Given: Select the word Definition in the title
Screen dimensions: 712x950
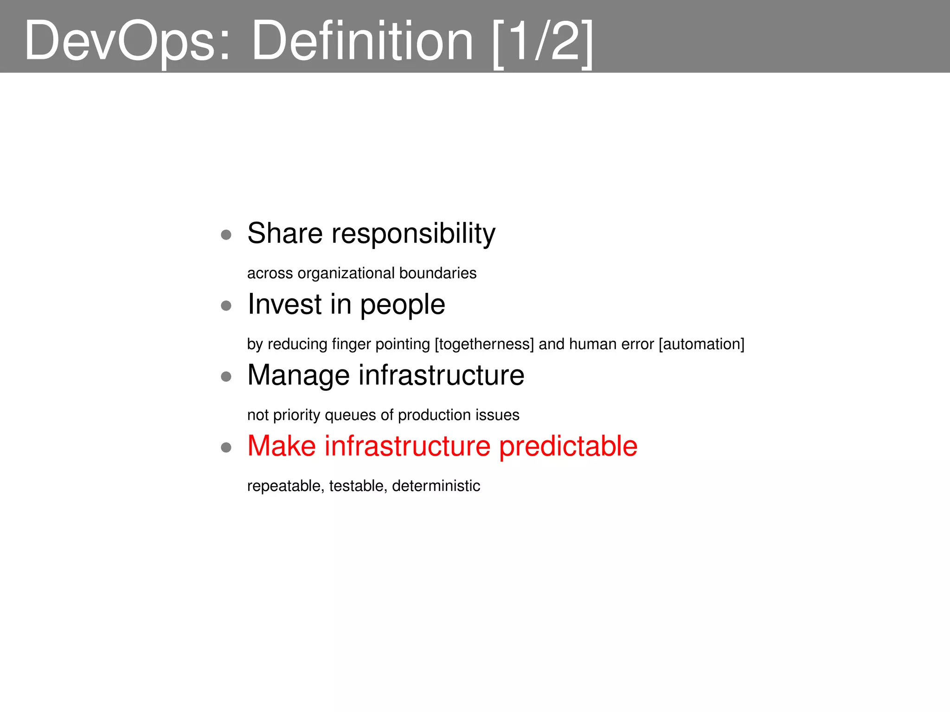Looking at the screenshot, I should [x=362, y=41].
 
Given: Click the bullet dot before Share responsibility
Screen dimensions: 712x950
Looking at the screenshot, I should [x=226, y=235].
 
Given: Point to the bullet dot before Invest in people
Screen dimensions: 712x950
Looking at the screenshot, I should [x=226, y=305].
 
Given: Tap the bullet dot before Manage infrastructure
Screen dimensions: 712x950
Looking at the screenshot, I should [x=226, y=376].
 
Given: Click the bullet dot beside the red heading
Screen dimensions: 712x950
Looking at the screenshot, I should [x=226, y=447].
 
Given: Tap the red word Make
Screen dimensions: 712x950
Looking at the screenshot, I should [x=281, y=446].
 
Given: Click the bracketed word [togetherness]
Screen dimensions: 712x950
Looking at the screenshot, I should [x=484, y=344].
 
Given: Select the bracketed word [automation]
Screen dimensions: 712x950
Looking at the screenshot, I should [x=701, y=344].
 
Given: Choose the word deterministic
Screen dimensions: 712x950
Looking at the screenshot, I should [x=436, y=486].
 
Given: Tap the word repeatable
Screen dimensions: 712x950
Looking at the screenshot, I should [x=285, y=486].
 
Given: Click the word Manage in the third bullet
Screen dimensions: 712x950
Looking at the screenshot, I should [x=298, y=375].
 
